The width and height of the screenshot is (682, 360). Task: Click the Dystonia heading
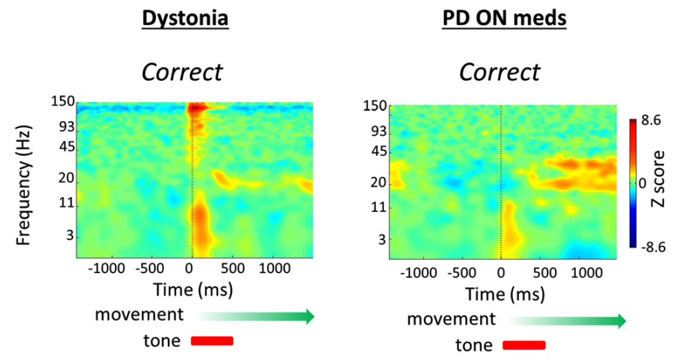pos(185,19)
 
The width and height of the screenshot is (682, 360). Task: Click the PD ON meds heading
pos(504,19)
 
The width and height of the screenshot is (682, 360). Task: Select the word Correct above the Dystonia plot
pos(181,72)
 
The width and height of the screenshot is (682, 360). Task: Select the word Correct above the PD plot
pos(499,72)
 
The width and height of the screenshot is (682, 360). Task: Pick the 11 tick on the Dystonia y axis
pos(67,203)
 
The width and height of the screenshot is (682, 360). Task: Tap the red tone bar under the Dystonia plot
pos(212,341)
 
